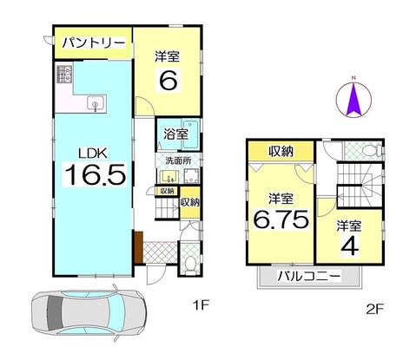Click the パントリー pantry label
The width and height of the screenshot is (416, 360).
pos(94,43)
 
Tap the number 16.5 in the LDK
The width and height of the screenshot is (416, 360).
pos(96,174)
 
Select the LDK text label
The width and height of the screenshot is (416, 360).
pos(94,154)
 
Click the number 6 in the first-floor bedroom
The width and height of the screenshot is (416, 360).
pos(168,80)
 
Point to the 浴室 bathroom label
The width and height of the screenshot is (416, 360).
pos(176,134)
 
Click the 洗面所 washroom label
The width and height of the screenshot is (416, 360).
pos(178,160)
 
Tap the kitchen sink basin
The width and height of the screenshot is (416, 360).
pos(95,104)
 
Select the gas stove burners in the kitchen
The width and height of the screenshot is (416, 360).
pos(64,74)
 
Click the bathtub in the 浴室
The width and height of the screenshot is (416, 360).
pos(190,134)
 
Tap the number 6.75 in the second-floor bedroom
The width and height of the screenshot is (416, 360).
pos(281,219)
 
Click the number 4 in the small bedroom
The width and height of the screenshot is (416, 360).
pos(350,246)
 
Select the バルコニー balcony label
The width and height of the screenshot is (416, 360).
pos(308,277)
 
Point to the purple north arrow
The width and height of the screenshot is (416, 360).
pos(353,99)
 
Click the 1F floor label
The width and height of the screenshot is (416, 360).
pos(201,305)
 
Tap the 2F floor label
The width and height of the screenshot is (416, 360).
pos(375,310)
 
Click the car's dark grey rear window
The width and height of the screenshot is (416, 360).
pos(54,313)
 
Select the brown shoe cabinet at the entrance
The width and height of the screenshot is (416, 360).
pos(139,247)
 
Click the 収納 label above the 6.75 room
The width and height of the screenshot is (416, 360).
pos(281,151)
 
